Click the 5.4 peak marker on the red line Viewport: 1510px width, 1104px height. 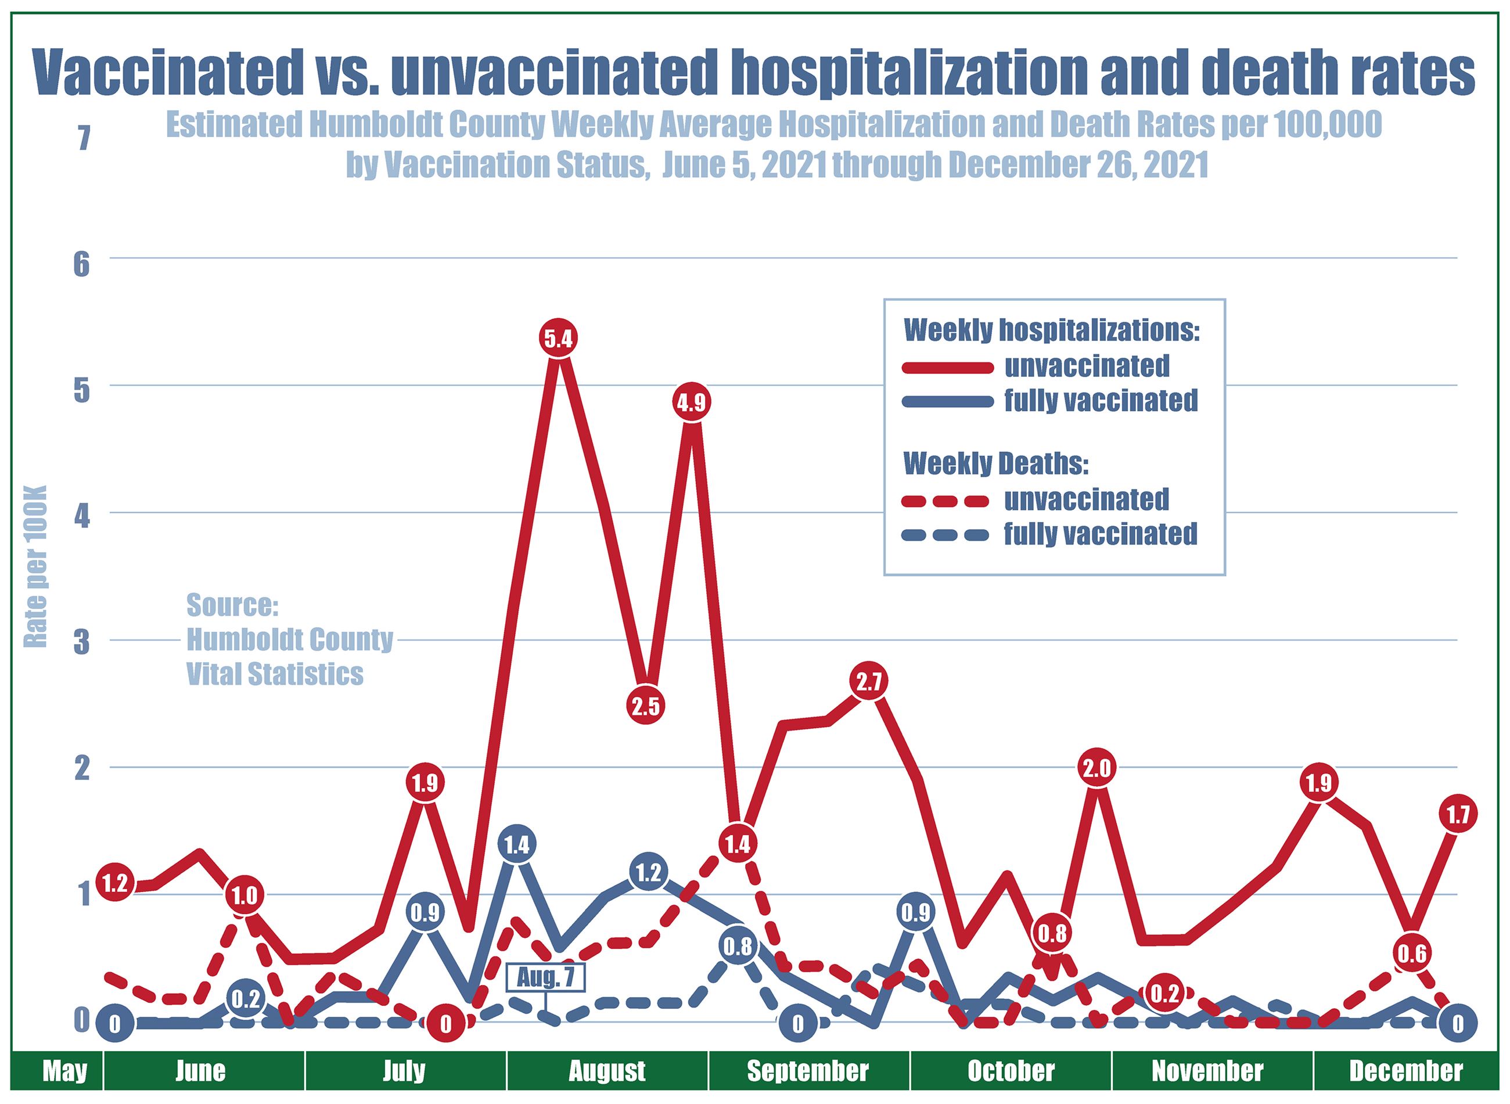[x=558, y=339]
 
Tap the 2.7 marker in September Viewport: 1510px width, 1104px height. [x=869, y=682]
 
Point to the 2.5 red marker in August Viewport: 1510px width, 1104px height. [x=645, y=706]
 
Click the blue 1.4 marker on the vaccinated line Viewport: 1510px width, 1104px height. [x=516, y=846]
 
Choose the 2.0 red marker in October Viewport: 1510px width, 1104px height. [x=1096, y=768]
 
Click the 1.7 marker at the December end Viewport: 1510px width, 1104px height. [x=1457, y=815]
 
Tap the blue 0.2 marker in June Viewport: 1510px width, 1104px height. [x=245, y=999]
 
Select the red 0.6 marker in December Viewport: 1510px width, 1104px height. [x=1412, y=954]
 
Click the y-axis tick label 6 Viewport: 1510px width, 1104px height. [x=81, y=265]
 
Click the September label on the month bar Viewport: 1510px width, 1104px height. [x=807, y=1071]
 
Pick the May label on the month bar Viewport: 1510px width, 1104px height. [x=65, y=1071]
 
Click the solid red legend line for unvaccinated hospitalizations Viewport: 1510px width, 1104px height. [x=947, y=367]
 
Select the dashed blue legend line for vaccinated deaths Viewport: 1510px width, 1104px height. [x=947, y=535]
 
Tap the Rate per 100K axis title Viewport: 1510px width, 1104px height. [x=35, y=566]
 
